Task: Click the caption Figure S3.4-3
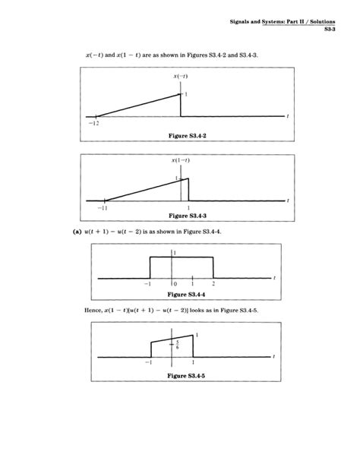pos(180,216)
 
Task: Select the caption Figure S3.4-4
pos(180,292)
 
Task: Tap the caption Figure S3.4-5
pos(180,374)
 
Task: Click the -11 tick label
pos(103,207)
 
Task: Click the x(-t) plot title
pos(181,77)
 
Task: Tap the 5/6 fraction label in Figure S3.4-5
pos(177,344)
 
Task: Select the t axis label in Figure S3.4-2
pos(289,116)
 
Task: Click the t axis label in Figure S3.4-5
pos(273,355)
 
